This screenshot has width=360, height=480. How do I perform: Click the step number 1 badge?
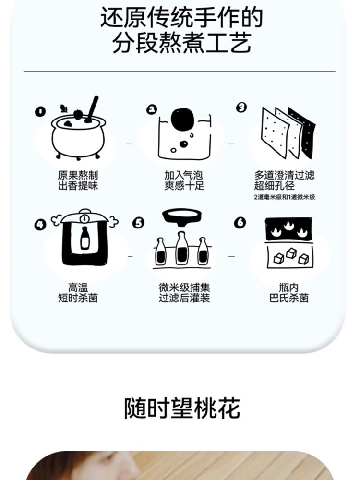[x=40, y=111]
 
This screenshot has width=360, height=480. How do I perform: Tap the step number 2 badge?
[x=151, y=109]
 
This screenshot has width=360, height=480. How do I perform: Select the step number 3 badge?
[x=241, y=107]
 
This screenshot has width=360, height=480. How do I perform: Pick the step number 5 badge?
[x=138, y=223]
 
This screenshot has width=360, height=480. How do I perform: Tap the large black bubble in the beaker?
[x=183, y=120]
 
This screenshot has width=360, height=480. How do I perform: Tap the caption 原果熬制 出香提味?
[x=78, y=180]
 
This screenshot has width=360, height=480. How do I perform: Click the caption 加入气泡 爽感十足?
[x=184, y=180]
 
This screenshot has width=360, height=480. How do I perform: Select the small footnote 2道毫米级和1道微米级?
[x=284, y=197]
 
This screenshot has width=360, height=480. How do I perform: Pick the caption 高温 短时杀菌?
[x=78, y=293]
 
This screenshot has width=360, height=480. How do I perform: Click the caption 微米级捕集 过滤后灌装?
[x=184, y=293]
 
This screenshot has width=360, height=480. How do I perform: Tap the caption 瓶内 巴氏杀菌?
[x=289, y=293]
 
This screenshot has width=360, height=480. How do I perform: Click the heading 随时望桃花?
[x=182, y=408]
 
